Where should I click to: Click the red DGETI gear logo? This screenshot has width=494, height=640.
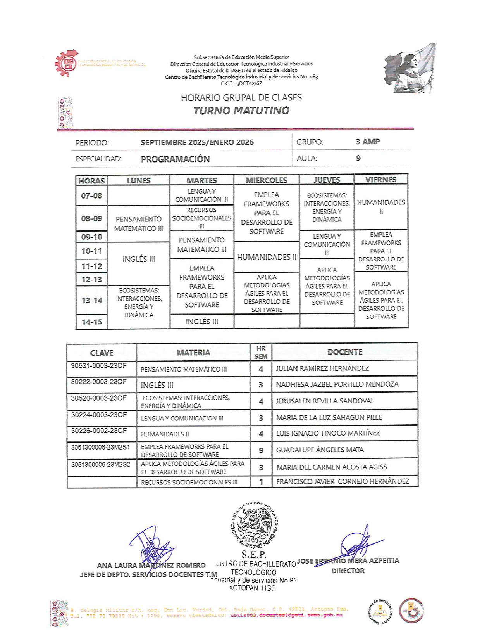[67, 63]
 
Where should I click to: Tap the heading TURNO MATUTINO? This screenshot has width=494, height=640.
[241, 111]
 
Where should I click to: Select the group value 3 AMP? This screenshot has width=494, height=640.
[367, 142]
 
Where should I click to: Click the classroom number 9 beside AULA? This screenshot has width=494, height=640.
[358, 158]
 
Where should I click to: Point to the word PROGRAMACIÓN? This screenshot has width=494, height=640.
[175, 159]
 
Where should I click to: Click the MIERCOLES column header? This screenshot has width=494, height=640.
[267, 180]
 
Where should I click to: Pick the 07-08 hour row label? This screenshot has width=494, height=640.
[91, 196]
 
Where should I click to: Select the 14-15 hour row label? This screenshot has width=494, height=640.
[92, 322]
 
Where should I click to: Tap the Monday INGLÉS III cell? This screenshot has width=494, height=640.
[139, 259]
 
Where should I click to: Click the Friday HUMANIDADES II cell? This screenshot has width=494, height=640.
[381, 206]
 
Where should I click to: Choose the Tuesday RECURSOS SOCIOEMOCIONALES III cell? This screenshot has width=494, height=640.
[201, 218]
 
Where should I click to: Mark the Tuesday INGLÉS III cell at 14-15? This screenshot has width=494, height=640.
[202, 322]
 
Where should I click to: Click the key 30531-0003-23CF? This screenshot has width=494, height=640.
[99, 365]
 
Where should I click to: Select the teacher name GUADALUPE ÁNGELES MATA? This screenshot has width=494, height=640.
[320, 450]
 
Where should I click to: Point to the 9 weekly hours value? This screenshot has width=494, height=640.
[261, 450]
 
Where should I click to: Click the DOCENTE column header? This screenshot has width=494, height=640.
[345, 352]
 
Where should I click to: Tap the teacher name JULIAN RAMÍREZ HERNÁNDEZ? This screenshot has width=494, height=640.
[322, 368]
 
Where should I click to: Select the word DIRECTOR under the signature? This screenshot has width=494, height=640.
[348, 571]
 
